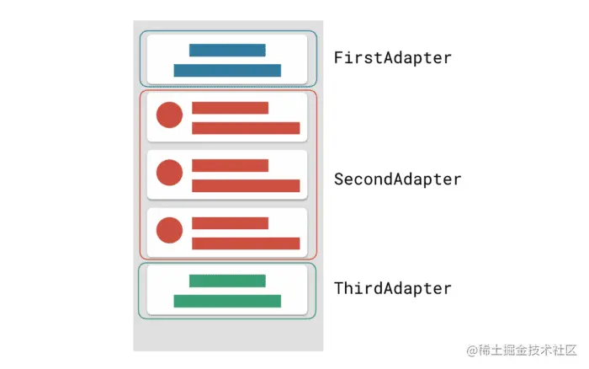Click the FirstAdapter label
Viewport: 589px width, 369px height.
click(x=392, y=58)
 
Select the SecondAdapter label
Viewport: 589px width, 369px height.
click(x=397, y=179)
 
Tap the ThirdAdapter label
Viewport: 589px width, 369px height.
click(x=392, y=288)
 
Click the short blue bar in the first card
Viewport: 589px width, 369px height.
click(x=227, y=51)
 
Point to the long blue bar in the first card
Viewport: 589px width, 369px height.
click(x=227, y=71)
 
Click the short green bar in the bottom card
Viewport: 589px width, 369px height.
click(x=227, y=281)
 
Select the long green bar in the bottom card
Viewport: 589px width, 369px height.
click(x=227, y=301)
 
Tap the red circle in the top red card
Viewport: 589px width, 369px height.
click(x=170, y=115)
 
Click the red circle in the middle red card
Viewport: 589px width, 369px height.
click(x=170, y=173)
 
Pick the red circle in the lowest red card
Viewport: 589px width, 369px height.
click(x=170, y=230)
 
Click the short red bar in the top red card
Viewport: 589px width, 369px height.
click(x=230, y=108)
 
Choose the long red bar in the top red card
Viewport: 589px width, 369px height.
click(x=246, y=128)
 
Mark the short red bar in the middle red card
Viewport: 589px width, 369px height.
click(x=230, y=165)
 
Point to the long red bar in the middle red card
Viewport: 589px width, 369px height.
click(x=246, y=185)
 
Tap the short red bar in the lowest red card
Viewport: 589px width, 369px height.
click(x=230, y=223)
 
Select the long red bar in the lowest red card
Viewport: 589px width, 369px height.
click(x=246, y=243)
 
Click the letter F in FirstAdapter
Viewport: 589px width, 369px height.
click(x=339, y=58)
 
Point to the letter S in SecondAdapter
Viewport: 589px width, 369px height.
click(x=339, y=179)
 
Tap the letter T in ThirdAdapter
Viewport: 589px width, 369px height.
click(x=339, y=288)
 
